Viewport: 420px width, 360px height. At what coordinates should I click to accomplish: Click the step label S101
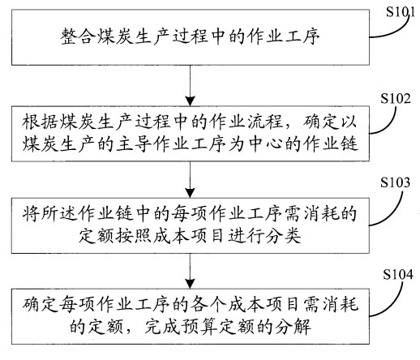click(x=400, y=12)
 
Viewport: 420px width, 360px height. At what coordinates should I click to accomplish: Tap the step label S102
click(x=396, y=98)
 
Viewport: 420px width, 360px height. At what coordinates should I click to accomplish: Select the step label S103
click(x=395, y=182)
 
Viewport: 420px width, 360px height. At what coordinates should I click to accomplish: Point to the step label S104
click(x=398, y=274)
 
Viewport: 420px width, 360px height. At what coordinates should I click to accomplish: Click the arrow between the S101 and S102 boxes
click(x=191, y=85)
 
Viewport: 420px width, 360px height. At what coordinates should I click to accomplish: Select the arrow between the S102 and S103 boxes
click(x=191, y=179)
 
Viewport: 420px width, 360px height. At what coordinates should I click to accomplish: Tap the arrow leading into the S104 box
click(x=191, y=271)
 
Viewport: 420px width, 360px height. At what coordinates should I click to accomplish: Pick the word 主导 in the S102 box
click(x=134, y=144)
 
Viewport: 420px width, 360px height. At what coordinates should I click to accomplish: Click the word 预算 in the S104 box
click(x=199, y=327)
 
